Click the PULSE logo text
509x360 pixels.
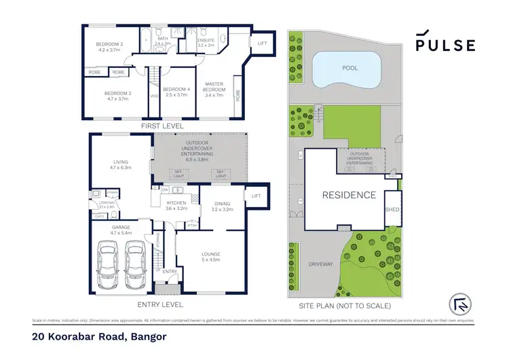(x=445, y=45)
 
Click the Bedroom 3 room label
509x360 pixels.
(x=109, y=47)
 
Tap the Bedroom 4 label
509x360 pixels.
(x=176, y=92)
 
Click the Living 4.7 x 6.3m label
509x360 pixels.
(x=120, y=164)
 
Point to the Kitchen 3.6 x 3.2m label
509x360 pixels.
(x=176, y=205)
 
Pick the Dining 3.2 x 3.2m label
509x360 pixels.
(x=222, y=206)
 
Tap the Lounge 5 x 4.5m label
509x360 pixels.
(x=210, y=256)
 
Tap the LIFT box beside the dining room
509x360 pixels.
(x=256, y=196)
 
